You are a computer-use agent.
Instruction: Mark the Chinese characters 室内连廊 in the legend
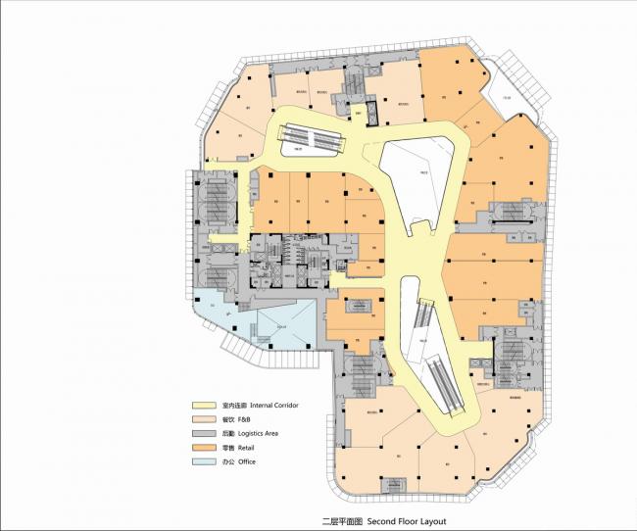233,405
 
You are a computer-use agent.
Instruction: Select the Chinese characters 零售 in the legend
228,447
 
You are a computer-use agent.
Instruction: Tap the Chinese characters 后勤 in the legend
228,433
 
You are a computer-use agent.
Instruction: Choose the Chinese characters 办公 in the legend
228,461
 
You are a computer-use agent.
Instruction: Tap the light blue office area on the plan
265,323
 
